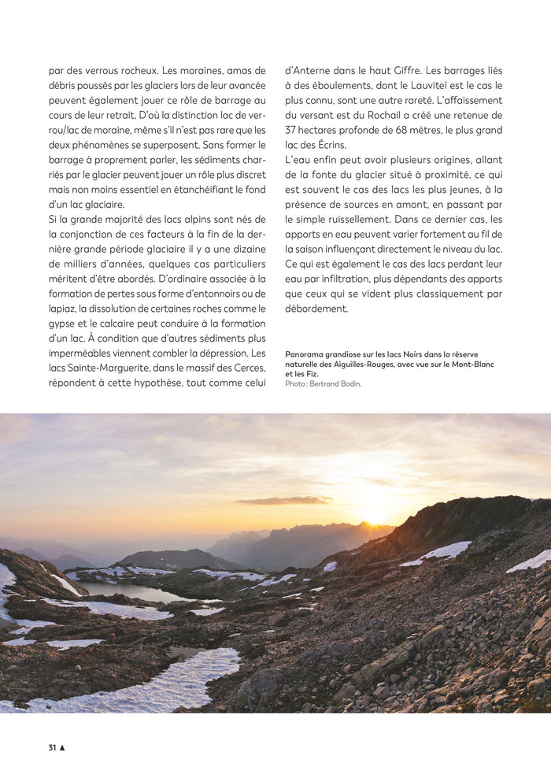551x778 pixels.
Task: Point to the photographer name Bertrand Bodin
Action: (x=335, y=384)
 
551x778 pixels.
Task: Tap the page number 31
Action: (x=53, y=747)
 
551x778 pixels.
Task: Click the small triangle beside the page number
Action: (x=62, y=747)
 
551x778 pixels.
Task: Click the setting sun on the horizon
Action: (x=375, y=518)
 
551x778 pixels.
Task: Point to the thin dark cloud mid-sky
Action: (x=283, y=500)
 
